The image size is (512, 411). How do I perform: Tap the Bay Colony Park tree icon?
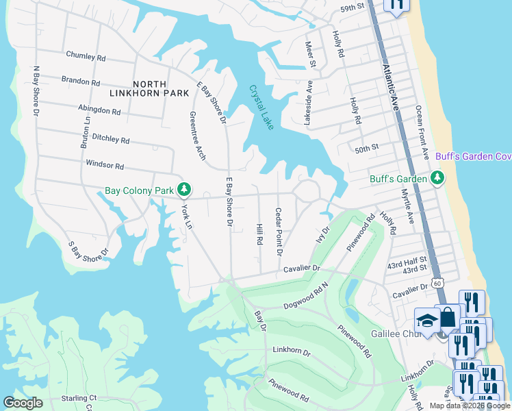point(183,189)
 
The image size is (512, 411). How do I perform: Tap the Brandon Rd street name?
point(81,81)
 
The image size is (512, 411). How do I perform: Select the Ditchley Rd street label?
point(110,139)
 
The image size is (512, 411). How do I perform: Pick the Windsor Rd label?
point(105,165)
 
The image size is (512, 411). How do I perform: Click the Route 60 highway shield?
point(438,282)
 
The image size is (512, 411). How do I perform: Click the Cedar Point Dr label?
point(279,232)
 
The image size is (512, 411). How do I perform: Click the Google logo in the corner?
point(23,403)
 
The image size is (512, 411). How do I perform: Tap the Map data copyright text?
point(469,406)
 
